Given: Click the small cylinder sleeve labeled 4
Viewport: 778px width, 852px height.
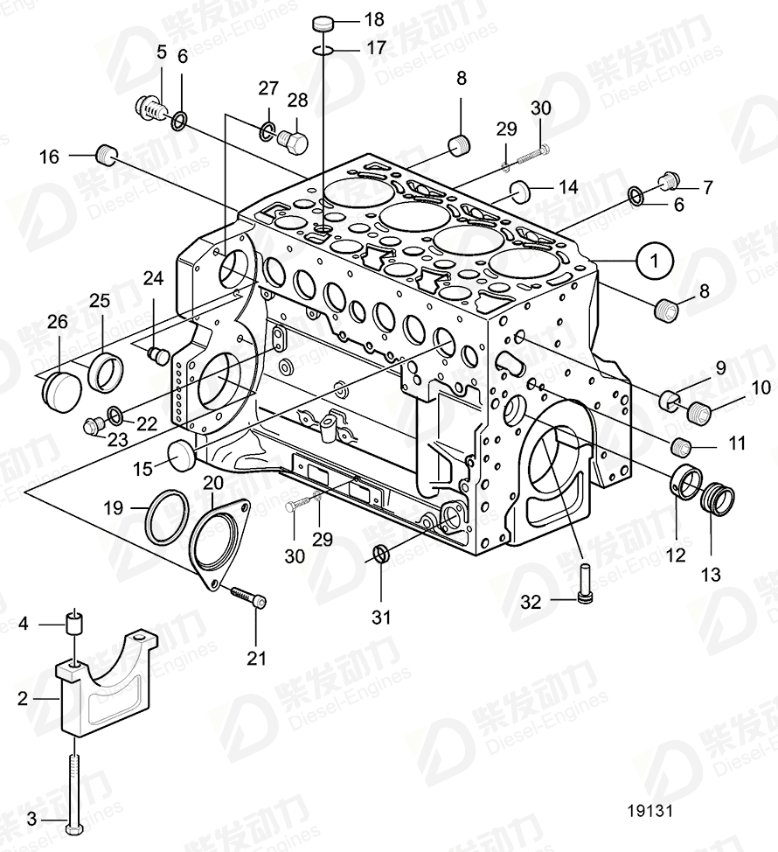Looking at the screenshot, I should point(75,625).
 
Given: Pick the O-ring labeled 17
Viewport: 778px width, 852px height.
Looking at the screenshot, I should point(322,50).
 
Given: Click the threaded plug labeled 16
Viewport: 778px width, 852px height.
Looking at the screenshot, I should point(108,157).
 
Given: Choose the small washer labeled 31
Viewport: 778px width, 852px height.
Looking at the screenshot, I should point(380,553).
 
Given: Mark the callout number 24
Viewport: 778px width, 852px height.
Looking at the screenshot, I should point(154,279).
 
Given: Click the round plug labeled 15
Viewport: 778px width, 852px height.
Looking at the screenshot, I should point(181,455).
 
